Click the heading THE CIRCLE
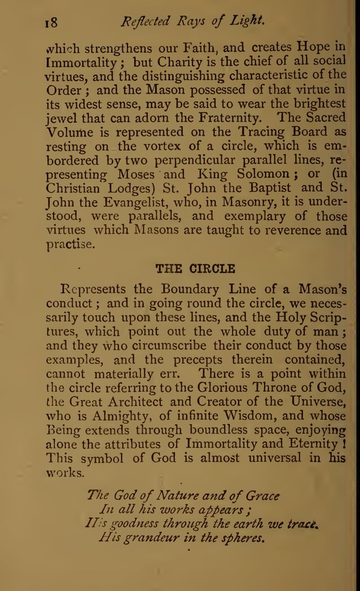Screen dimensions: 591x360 [195, 268]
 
